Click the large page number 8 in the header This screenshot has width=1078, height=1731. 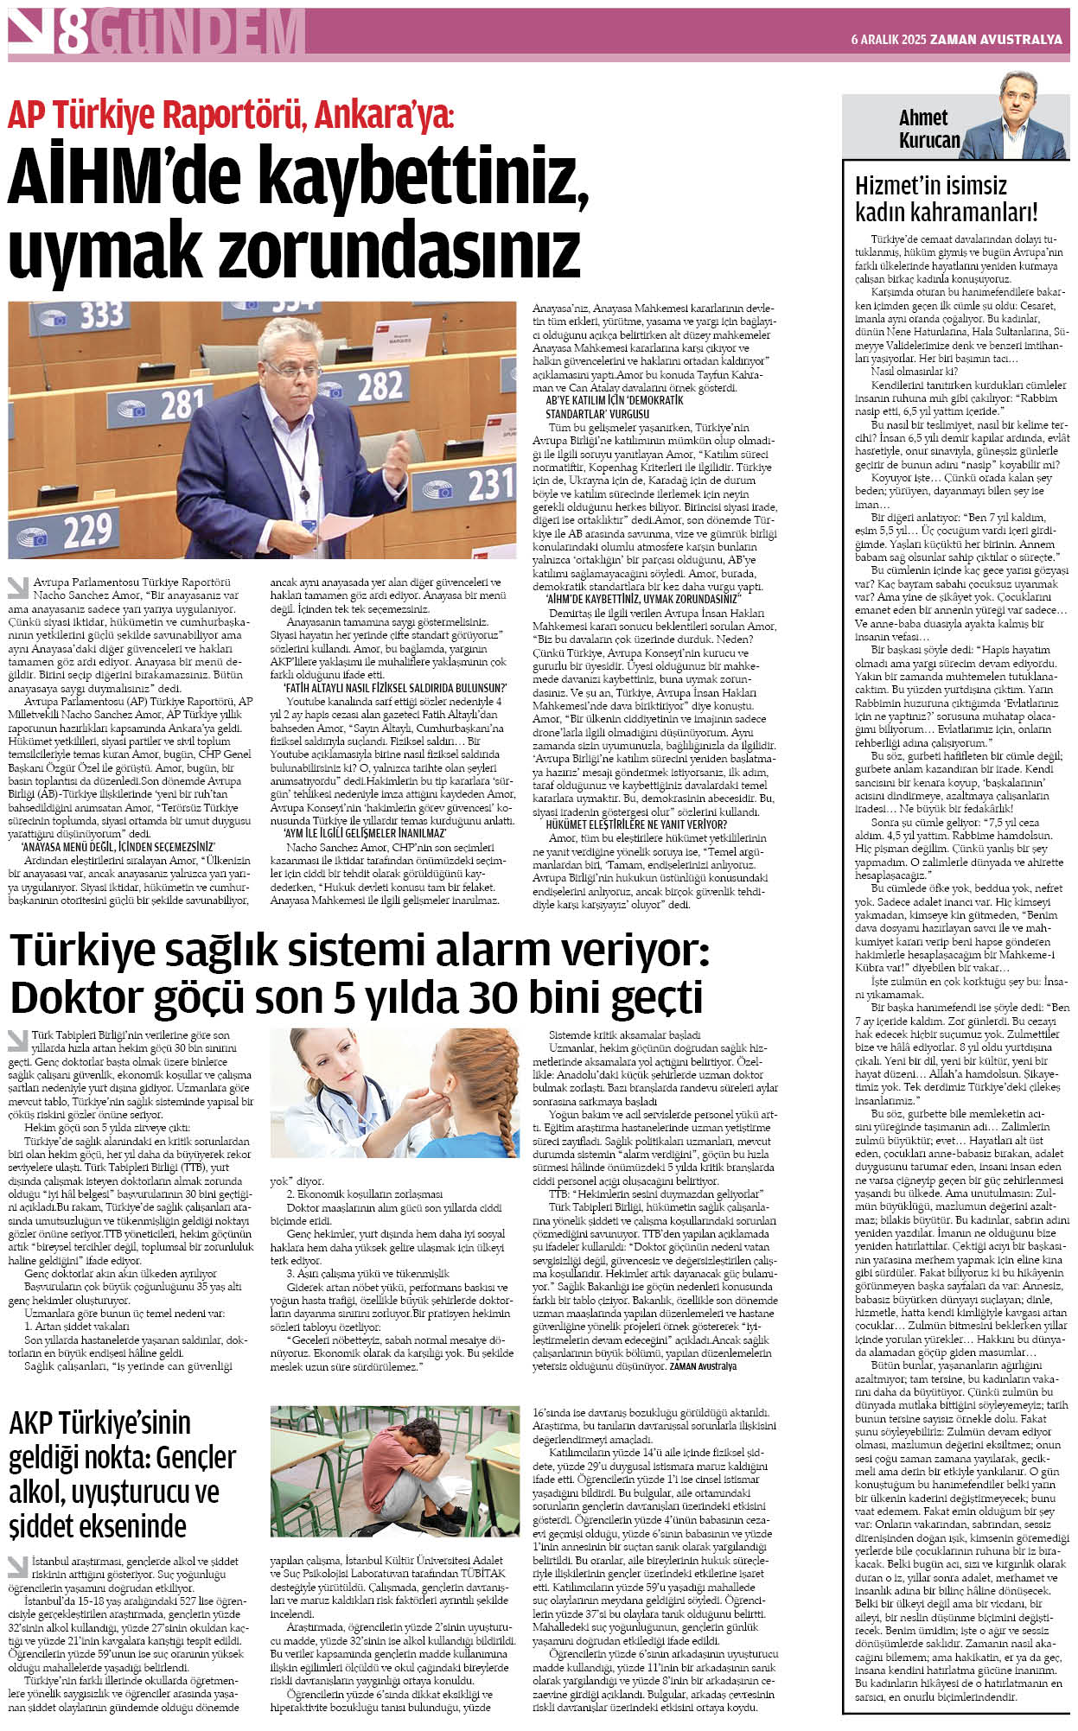73,33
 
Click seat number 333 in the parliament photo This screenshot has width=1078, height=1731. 99,315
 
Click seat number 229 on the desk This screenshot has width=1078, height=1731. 86,529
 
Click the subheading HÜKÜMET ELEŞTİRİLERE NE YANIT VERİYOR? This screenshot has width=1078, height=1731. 635,824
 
